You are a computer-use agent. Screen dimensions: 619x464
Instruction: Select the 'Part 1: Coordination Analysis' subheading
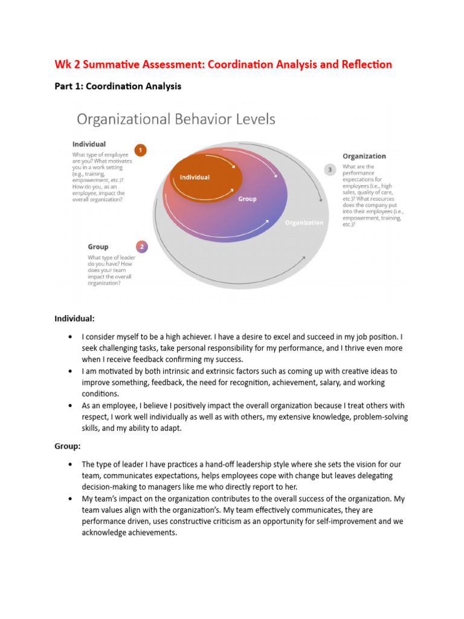click(118, 86)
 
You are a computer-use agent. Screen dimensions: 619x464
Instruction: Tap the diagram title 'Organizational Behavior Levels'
click(175, 119)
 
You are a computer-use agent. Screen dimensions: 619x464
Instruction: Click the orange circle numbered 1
click(140, 150)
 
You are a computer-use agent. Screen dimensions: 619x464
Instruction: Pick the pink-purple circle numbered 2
click(141, 247)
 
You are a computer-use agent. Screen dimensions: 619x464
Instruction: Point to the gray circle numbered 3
click(329, 170)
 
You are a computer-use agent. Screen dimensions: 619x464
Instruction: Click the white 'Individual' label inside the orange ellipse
click(195, 177)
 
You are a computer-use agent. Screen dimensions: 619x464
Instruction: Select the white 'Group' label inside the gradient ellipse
click(246, 199)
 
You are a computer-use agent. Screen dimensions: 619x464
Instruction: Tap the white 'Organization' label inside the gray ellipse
click(304, 222)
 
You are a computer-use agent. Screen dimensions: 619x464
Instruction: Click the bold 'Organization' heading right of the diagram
click(364, 156)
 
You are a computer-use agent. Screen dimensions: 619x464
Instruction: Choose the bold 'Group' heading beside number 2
click(98, 247)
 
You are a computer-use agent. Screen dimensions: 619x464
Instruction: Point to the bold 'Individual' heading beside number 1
click(89, 144)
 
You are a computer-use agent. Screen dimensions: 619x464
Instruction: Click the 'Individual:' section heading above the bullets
click(74, 318)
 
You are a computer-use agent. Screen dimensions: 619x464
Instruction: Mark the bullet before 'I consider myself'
click(72, 337)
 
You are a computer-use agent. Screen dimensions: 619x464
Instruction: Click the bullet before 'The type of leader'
click(72, 465)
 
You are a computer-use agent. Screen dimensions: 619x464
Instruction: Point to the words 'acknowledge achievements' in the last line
click(129, 533)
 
